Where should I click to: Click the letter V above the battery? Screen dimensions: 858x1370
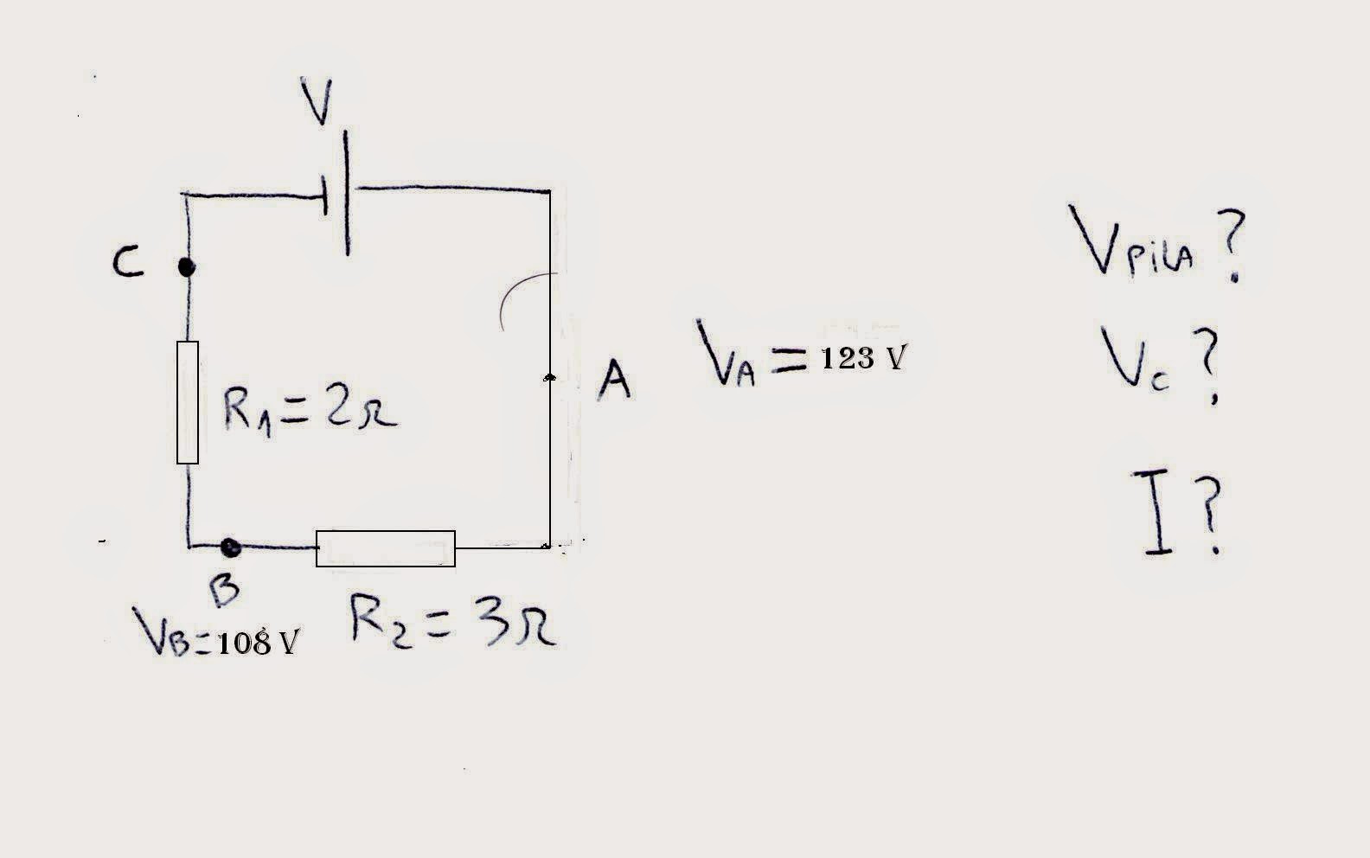click(318, 101)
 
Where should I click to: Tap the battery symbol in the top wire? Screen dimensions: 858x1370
click(336, 193)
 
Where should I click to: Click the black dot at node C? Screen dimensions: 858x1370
click(186, 267)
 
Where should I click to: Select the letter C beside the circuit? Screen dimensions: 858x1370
click(127, 262)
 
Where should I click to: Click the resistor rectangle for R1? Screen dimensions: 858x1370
click(188, 402)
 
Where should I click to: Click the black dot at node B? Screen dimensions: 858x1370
click(229, 547)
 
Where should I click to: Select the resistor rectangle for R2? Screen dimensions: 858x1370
click(386, 548)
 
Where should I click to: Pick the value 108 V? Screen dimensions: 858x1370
click(258, 643)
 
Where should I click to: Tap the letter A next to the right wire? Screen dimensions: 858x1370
click(614, 381)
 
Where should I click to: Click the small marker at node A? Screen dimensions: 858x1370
click(549, 377)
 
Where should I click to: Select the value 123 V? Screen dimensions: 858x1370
click(861, 358)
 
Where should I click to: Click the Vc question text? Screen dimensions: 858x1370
click(1159, 362)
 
